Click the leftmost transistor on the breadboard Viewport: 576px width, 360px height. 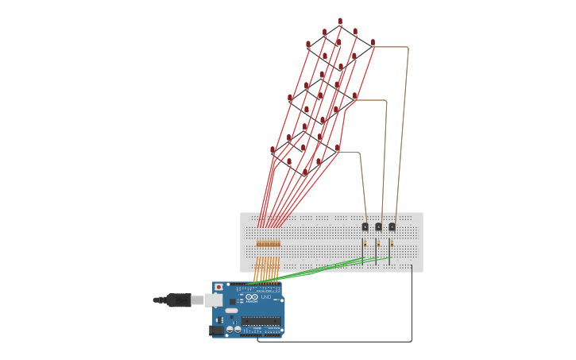coord(365,226)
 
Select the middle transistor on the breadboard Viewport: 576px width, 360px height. coord(379,226)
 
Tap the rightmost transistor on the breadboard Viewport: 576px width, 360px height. coord(392,226)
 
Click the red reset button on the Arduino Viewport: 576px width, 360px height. coord(219,287)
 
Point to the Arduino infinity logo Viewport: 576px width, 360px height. coord(252,297)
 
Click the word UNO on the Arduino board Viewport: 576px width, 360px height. coord(265,297)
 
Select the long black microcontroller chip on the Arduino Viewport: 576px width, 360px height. coord(261,321)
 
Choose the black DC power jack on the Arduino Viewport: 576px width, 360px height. coord(216,330)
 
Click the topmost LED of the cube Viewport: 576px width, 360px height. coord(340,21)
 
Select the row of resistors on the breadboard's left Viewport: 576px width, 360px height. coord(269,243)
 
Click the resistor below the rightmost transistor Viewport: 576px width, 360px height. coord(392,243)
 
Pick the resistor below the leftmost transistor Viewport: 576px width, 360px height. coord(365,243)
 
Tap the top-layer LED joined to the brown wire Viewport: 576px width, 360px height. coord(373,43)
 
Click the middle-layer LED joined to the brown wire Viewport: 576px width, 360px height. coord(355,96)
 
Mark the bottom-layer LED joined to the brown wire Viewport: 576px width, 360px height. coord(338,148)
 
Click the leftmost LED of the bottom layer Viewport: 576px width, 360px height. coord(273,149)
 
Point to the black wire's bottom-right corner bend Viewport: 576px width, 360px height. coord(412,341)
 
